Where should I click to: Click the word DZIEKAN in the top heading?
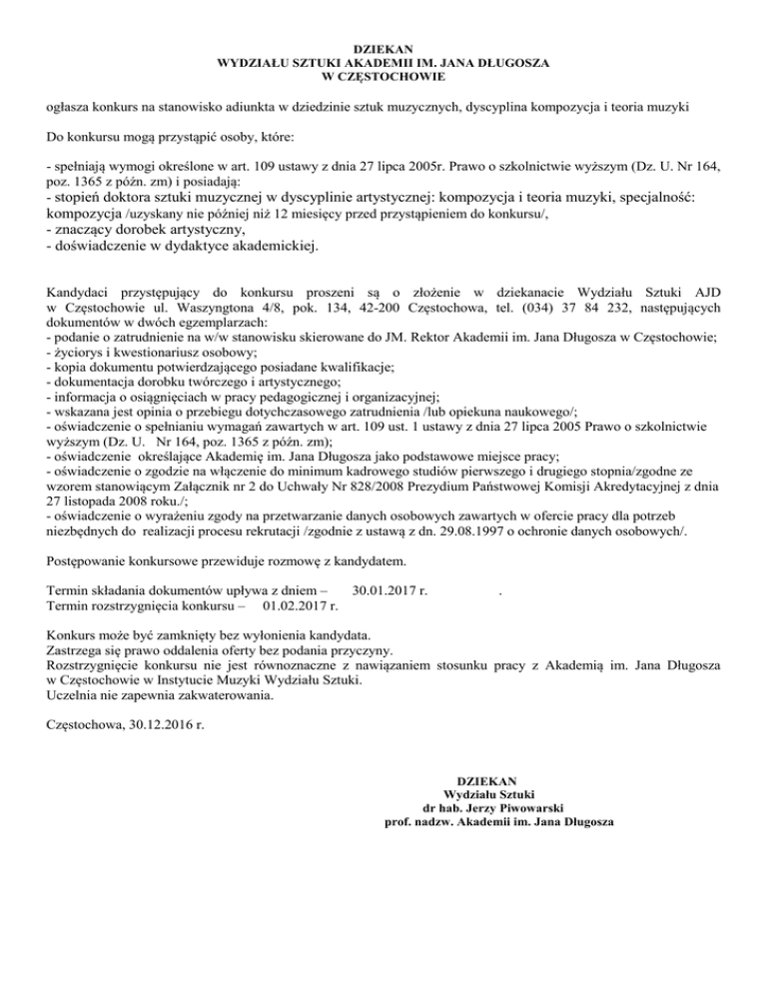point(383,47)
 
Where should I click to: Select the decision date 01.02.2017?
point(299,605)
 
